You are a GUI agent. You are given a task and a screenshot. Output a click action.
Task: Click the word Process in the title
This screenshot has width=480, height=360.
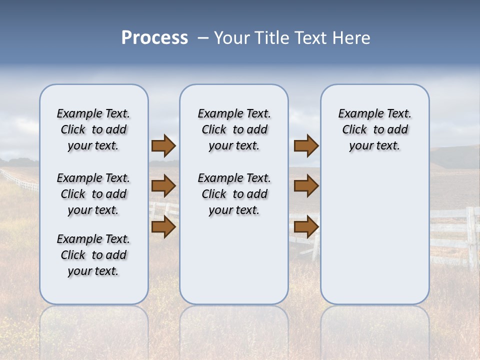click(154, 38)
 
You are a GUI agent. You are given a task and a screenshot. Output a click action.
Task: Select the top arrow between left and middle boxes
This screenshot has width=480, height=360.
click(163, 146)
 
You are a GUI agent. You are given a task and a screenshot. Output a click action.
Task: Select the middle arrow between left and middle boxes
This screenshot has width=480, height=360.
click(163, 186)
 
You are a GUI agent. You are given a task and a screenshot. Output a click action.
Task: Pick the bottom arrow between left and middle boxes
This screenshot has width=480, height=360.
click(163, 227)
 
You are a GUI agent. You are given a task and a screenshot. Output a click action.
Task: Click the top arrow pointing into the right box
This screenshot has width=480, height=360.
click(306, 146)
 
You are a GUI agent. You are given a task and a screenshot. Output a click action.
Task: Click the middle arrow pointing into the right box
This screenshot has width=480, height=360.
click(306, 186)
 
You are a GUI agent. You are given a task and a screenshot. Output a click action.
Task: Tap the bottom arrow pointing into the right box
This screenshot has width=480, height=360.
click(306, 227)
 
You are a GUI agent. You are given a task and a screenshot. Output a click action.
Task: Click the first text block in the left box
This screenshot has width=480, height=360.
click(93, 129)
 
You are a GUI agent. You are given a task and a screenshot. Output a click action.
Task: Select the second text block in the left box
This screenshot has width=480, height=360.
click(93, 194)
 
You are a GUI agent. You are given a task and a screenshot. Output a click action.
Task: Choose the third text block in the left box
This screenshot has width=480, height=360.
click(93, 255)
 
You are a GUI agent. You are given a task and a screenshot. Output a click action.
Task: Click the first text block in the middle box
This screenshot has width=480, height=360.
click(234, 129)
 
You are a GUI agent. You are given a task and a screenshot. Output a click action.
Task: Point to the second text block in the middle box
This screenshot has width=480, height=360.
click(234, 194)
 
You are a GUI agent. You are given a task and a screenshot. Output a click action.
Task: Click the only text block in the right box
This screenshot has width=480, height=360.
click(374, 129)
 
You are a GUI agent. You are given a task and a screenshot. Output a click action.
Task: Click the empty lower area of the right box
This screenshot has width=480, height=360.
click(374, 235)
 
